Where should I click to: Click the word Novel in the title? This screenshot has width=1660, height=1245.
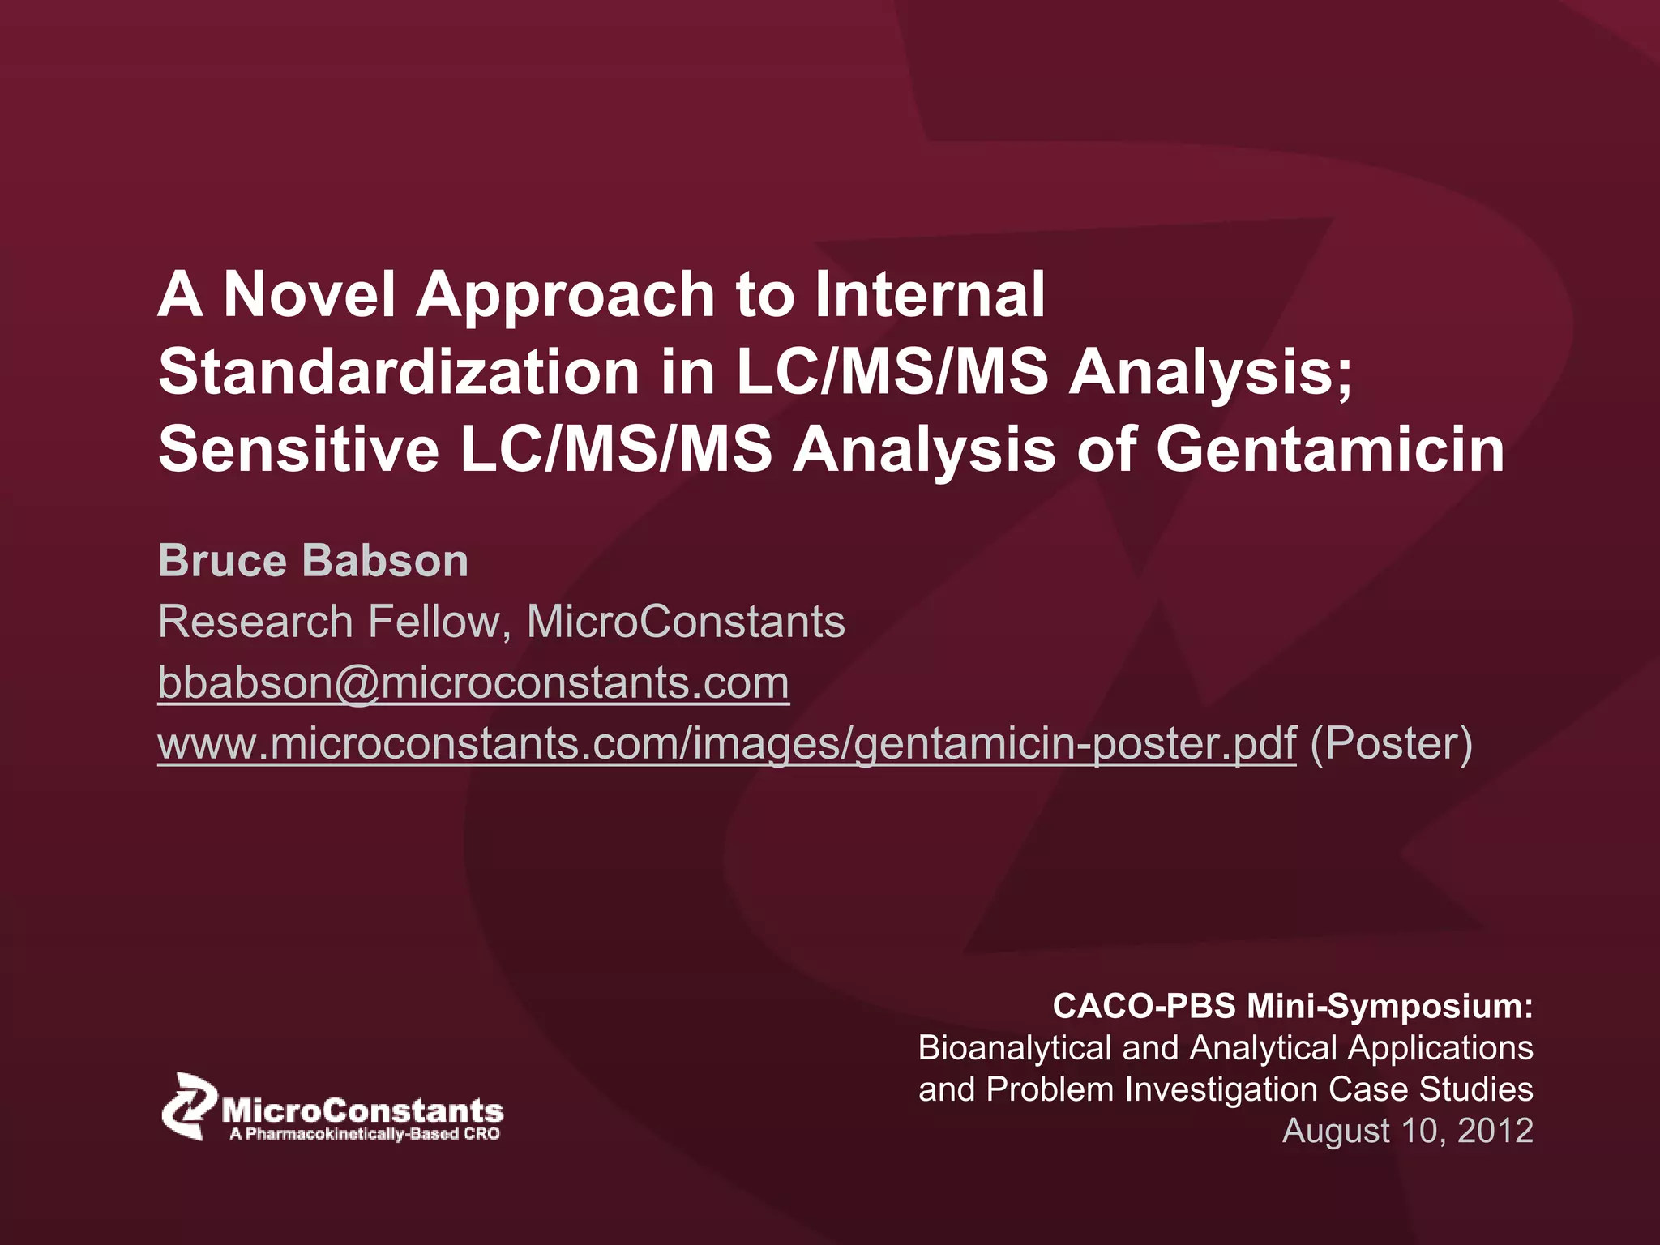(309, 293)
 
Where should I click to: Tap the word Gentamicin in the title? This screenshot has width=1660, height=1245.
(1330, 450)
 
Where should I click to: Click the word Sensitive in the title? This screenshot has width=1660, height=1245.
(298, 450)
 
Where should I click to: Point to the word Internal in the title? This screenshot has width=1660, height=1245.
(930, 293)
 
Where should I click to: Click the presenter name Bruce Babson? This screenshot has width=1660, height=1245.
(313, 561)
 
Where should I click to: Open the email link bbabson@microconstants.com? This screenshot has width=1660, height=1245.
(473, 682)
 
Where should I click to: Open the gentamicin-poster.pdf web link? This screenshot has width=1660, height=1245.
(726, 743)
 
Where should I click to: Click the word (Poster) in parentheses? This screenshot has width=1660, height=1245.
(1391, 743)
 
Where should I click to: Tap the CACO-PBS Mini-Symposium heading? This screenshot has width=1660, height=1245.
(1292, 1006)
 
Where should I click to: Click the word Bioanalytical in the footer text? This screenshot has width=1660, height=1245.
(1014, 1048)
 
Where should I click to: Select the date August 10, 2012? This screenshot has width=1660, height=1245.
(1407, 1131)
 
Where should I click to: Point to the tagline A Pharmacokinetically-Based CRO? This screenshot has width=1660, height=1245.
(365, 1134)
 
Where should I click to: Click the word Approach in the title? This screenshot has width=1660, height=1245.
(565, 295)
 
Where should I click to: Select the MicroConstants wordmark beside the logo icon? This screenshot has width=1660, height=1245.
(362, 1110)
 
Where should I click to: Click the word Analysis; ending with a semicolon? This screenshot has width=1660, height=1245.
(1211, 372)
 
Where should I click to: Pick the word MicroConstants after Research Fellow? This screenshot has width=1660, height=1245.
(686, 622)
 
